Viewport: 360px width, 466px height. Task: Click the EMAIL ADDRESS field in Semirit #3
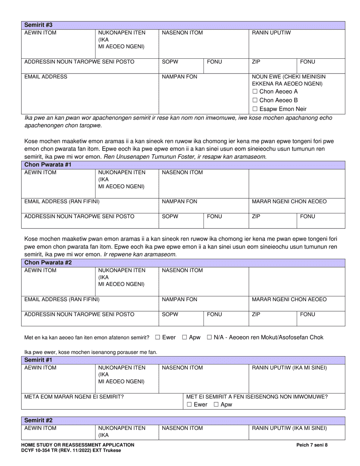pyautogui.click(x=89, y=93)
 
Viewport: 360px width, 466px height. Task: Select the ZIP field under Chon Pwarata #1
pyautogui.click(x=272, y=221)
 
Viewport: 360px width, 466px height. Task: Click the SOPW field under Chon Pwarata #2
pyautogui.click(x=181, y=319)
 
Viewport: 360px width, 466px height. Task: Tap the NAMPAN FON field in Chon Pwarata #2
pyautogui.click(x=203, y=303)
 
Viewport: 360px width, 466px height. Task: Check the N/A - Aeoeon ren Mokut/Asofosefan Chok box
pyautogui.click(x=209, y=337)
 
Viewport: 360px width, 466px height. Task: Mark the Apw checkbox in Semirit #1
pyautogui.click(x=216, y=405)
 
